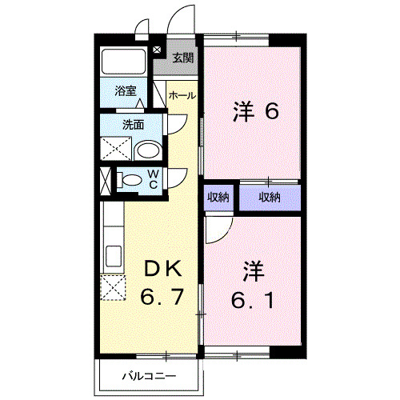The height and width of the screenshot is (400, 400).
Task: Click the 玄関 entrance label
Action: point(183,58)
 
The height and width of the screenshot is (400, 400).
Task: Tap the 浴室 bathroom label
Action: point(126,91)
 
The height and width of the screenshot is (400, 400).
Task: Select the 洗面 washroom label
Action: point(132,125)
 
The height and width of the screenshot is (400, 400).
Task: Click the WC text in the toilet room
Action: point(153,180)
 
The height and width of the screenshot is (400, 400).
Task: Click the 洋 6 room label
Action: point(255,110)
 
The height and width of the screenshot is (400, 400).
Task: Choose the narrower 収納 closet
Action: point(218,197)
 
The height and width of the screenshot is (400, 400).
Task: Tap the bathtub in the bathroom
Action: point(123,62)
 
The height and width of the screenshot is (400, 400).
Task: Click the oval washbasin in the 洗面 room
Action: point(147,150)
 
